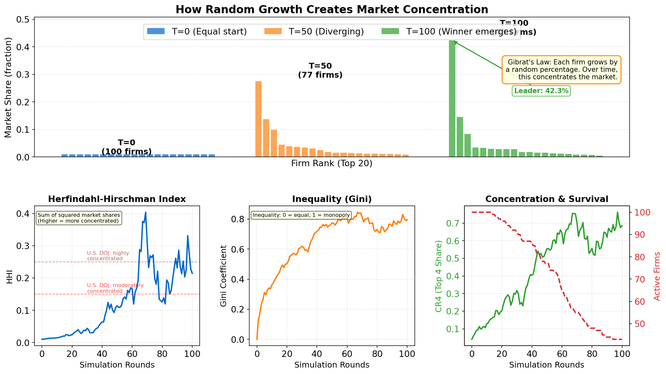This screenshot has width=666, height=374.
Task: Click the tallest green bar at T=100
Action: (x=452, y=99)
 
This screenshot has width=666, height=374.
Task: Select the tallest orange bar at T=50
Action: (x=258, y=119)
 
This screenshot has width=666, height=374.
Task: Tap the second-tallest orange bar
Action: (x=266, y=138)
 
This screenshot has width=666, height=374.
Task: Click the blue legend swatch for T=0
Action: (x=156, y=31)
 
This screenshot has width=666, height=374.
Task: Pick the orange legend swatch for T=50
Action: (x=273, y=31)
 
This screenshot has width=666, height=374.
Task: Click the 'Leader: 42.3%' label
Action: (x=541, y=91)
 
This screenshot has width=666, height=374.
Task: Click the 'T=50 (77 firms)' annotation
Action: (x=320, y=71)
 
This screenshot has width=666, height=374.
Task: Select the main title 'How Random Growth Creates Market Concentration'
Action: (x=332, y=9)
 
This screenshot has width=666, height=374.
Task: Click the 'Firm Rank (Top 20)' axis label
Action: (x=332, y=164)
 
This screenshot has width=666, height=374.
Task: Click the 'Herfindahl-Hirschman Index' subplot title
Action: (x=117, y=199)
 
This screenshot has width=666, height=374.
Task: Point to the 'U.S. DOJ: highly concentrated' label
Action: (x=108, y=256)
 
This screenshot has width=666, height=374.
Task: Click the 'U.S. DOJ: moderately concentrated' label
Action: (x=115, y=288)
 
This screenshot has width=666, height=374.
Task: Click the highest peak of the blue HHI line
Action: (x=146, y=212)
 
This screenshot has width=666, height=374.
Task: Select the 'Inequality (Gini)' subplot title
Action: (x=332, y=199)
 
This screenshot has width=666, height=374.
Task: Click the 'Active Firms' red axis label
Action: (x=657, y=276)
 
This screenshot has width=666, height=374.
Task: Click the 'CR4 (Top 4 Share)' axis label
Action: (x=439, y=276)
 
